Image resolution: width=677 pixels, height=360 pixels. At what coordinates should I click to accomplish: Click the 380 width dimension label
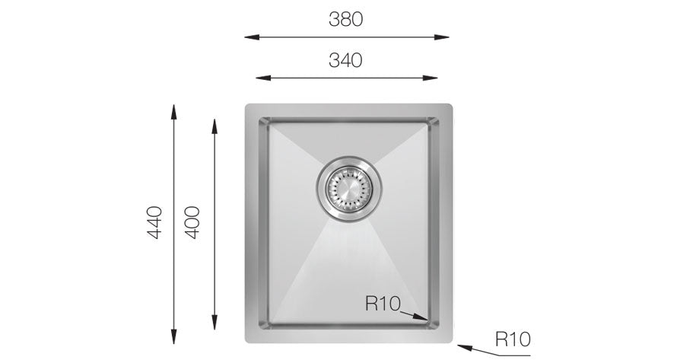[345, 21]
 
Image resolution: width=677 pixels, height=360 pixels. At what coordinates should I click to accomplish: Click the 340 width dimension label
[345, 60]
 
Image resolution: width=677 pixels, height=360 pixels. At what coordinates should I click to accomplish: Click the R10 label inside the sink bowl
[383, 304]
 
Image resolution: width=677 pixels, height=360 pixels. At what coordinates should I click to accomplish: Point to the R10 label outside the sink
[512, 338]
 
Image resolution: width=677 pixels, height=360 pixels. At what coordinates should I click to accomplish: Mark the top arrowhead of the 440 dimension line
[175, 108]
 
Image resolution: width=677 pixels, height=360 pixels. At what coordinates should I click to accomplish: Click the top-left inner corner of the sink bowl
[262, 120]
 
